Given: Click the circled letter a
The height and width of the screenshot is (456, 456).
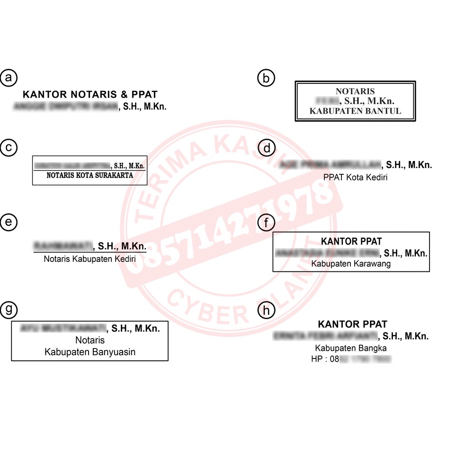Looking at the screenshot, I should pos(9,78).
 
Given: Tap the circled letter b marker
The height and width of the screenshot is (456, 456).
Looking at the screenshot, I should pos(266,78).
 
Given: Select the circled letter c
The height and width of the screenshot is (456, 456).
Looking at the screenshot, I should pos(9,148).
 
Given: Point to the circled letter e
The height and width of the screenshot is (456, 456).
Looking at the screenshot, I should pos(9,222).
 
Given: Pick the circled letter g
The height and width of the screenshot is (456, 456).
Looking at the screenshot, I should pos(9,310).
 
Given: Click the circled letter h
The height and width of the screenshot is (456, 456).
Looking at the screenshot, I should pos(266,311).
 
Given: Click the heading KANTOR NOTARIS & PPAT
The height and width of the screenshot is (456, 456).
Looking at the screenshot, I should pos(90,95).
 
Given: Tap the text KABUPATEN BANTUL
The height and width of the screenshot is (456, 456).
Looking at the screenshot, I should pos(355,111).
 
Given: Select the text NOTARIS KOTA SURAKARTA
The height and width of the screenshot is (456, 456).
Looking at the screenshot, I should pos(89,175).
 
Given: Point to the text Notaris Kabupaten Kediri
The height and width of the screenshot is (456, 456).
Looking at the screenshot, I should pos(89,259).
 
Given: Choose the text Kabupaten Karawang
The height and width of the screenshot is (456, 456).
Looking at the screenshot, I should pos(351,264).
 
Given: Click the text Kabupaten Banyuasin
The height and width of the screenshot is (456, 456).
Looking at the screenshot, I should pos(90,352).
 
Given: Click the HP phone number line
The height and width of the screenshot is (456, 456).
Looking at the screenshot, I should pos(351,359).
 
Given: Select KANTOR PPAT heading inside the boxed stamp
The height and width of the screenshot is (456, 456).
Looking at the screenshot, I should pos(351,241).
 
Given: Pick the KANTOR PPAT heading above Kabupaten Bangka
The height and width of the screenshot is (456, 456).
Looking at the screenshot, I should pos(352,324).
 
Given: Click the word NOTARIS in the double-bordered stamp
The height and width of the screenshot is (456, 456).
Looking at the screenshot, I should pos(355,91).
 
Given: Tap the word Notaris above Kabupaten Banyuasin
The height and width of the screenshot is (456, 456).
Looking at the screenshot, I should pos(90,340).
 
